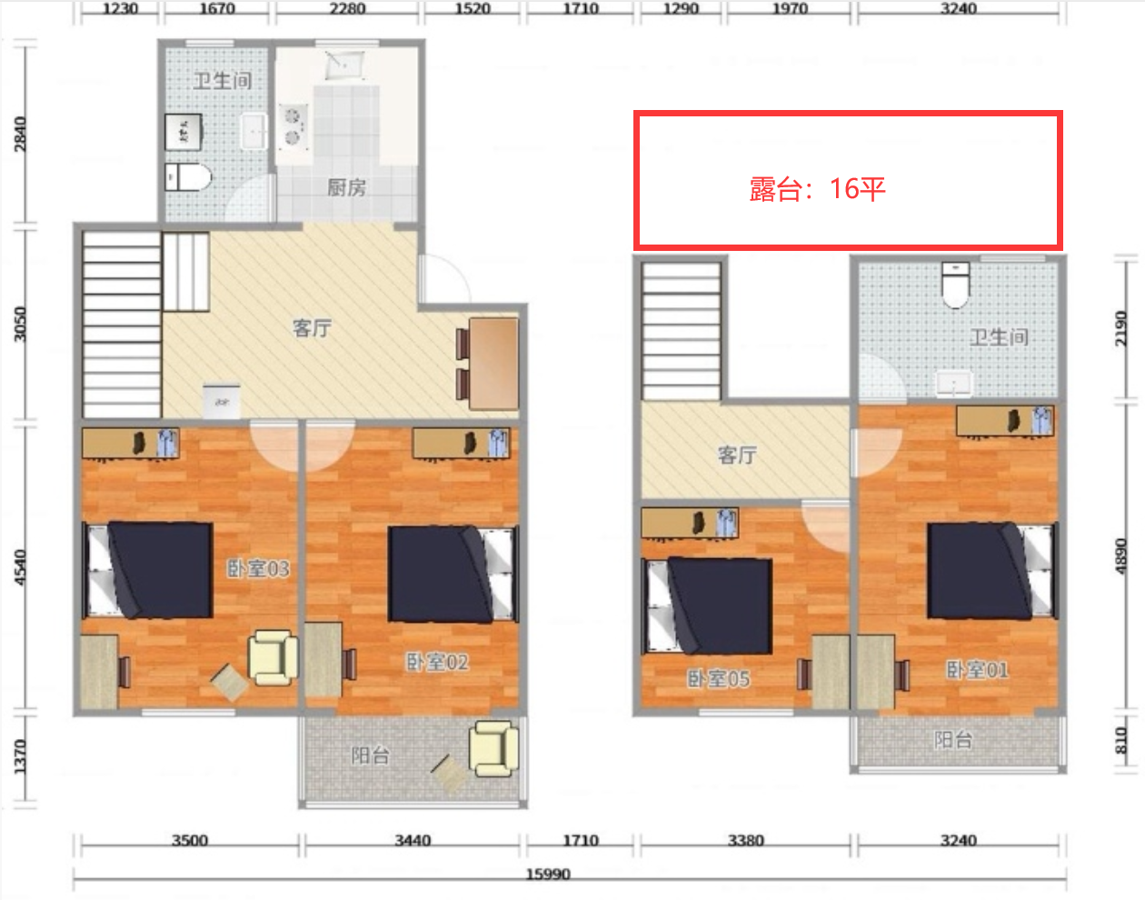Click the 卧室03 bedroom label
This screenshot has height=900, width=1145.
258,568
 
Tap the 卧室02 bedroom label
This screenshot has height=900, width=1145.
437,663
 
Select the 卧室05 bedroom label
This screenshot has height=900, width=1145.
719,679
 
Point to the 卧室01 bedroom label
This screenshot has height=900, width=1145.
978,670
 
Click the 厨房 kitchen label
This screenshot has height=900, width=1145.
347,187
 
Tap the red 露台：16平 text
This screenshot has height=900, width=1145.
817,189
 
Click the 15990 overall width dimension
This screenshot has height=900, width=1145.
548,875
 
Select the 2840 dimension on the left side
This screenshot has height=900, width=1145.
20,134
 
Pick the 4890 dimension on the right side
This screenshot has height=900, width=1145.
1120,556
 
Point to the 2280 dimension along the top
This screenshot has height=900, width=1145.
347,8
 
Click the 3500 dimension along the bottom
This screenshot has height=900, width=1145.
190,840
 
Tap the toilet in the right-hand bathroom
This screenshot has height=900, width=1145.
956,285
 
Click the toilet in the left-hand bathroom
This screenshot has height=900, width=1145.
188,177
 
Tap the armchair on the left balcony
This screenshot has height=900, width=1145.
493,749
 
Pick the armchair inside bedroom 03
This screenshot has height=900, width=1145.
273,658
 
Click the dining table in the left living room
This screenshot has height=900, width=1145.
493,364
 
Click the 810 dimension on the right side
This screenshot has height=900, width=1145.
1120,740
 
